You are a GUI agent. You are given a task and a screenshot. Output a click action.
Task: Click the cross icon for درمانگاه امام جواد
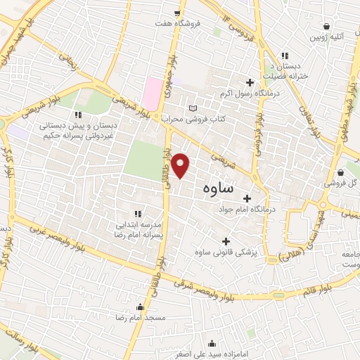tap(246, 198)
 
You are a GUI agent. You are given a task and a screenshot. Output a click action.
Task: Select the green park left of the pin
tap(145, 159)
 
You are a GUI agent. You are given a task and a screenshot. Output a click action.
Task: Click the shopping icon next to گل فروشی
tap(341, 172)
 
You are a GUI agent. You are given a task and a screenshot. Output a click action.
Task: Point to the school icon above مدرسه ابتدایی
tap(138, 213)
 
